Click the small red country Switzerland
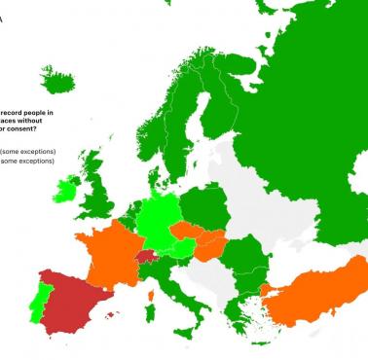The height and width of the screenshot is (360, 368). click(145, 257)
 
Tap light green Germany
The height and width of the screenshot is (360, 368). click(156, 219)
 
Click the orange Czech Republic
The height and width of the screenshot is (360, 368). click(186, 233)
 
